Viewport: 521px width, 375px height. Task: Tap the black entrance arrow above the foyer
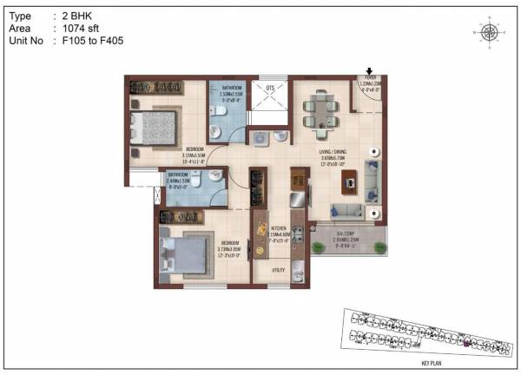(x=370, y=73)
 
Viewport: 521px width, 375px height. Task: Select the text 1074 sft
(x=80, y=28)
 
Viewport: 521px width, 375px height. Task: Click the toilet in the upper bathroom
(x=219, y=132)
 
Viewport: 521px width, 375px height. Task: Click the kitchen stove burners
(x=297, y=235)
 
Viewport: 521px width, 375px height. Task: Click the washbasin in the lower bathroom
(x=217, y=174)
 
